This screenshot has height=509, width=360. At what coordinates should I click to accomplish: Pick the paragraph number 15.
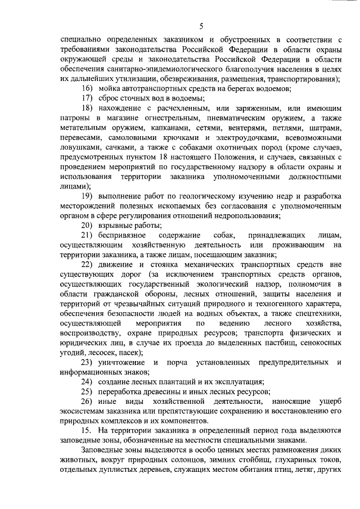[x=87, y=430]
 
